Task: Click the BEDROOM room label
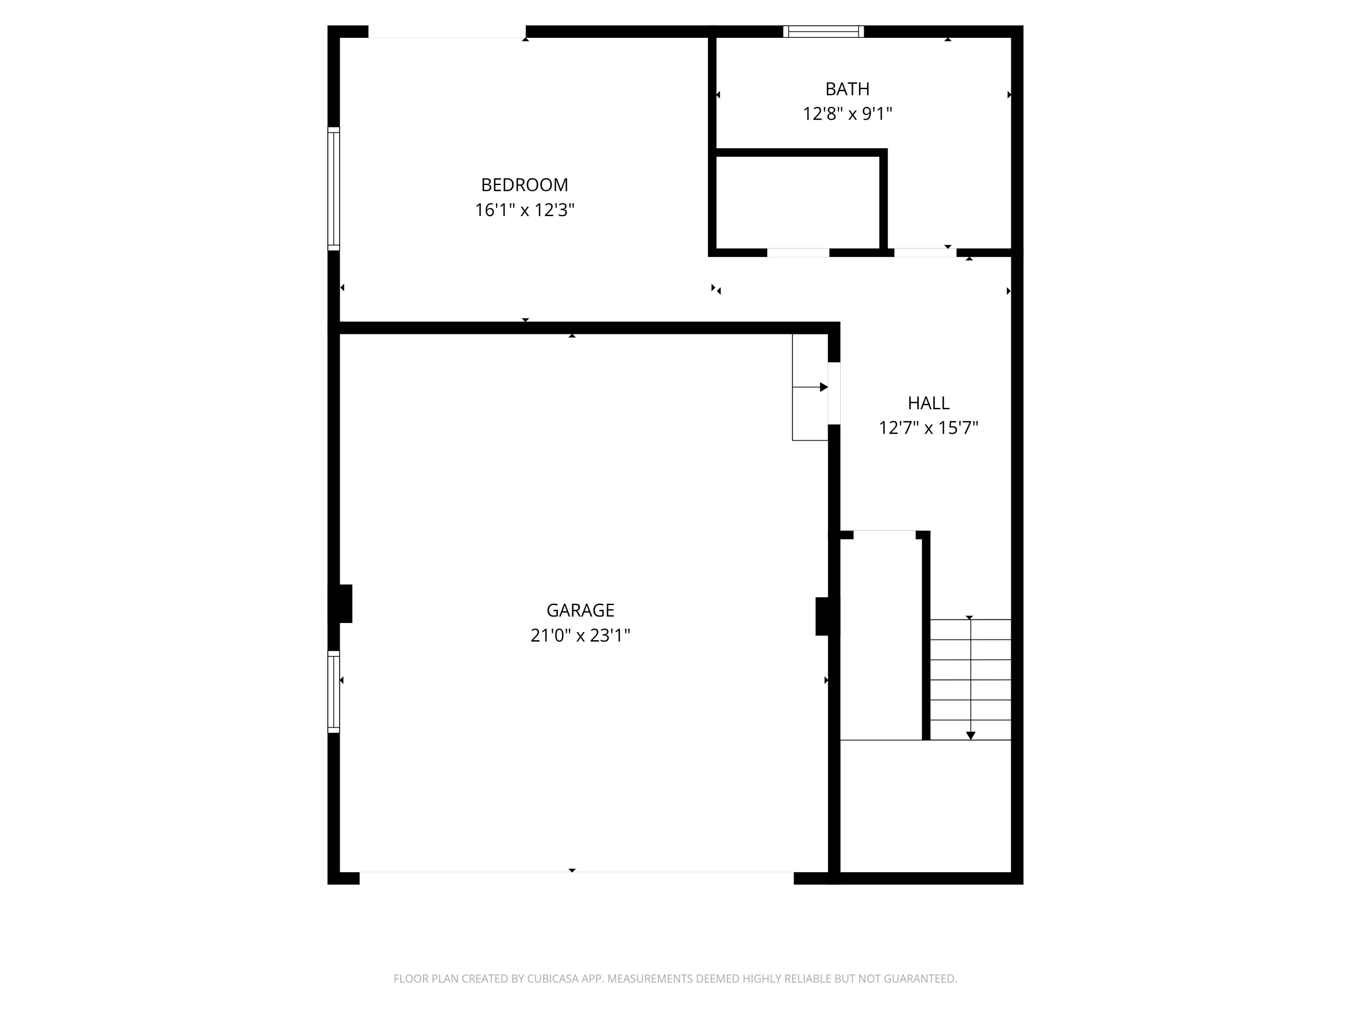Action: point(524,185)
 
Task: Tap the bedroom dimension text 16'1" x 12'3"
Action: point(524,210)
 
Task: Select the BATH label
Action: point(847,89)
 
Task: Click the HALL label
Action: point(928,403)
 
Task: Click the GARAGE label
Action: point(580,610)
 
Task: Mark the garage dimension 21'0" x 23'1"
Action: point(580,636)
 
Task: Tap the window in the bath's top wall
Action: point(823,32)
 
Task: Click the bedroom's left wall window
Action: point(334,189)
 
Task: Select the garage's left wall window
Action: point(334,692)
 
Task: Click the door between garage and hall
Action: point(834,393)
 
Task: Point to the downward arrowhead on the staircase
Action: point(970,736)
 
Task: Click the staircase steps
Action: point(970,679)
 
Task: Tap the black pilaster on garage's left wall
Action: point(342,604)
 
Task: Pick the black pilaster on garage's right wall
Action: point(825,616)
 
